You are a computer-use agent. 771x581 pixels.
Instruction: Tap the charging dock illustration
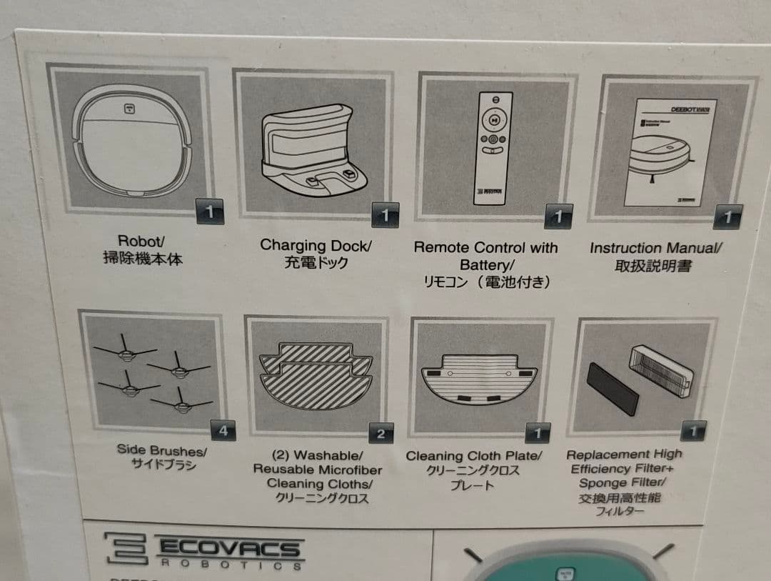314,147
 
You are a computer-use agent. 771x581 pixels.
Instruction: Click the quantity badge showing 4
223,431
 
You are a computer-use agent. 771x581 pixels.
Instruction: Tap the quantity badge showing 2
381,433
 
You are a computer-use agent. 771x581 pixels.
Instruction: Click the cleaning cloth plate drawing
479,382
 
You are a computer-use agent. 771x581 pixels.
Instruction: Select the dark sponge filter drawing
612,387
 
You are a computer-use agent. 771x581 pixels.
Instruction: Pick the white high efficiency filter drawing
661,371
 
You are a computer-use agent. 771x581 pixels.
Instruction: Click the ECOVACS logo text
228,549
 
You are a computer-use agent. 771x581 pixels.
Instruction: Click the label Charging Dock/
316,245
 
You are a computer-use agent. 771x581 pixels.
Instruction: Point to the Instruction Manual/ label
655,248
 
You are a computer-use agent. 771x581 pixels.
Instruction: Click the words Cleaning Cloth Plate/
474,456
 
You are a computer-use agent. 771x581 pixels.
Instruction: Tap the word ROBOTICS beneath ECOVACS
229,565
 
